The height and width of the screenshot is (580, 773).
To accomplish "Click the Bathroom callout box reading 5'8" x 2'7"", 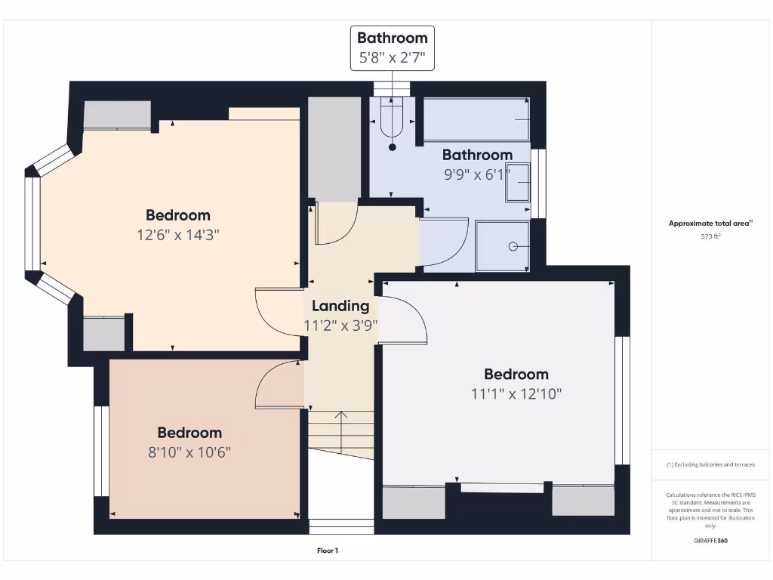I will coord(392,48).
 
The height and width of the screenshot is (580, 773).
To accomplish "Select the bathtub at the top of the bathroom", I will coord(476,119).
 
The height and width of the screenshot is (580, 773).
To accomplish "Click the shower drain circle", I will coord(513,246).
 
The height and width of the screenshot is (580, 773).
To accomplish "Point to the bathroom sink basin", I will coord(519,184).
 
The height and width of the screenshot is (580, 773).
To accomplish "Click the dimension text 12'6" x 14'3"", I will coord(177,235).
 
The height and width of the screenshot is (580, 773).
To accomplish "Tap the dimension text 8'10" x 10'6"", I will coord(189,452).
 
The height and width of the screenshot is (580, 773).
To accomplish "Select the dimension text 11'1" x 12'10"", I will coord(516,393).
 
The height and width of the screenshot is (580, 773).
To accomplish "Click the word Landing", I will coord(340,306).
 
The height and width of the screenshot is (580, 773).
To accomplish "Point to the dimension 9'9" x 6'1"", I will coord(477,173).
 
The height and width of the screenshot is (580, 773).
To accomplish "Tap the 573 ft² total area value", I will coord(710,236).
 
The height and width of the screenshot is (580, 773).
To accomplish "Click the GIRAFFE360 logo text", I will coord(710,541).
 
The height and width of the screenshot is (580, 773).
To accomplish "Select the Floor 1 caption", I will coord(328,551).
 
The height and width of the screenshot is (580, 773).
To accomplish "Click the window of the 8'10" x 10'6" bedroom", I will coord(101,451).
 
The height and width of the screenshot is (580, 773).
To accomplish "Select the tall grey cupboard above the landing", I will coord(335,149).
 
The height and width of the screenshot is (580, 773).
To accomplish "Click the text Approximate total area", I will coord(709,224).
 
